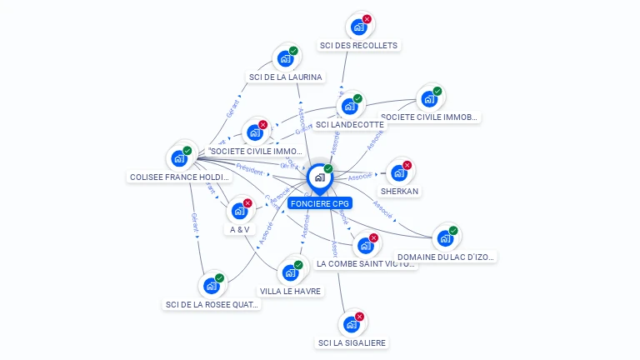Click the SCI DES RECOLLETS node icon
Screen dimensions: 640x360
[x=358, y=27]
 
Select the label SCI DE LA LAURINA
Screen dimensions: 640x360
[x=285, y=77]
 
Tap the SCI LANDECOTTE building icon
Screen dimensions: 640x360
[x=349, y=106]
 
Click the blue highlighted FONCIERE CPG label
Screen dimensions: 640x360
[x=320, y=203]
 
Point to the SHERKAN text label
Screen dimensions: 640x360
[x=399, y=191]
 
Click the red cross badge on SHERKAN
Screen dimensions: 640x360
[x=407, y=165]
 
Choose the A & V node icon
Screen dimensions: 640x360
[x=240, y=211]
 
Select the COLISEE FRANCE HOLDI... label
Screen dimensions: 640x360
[x=179, y=177]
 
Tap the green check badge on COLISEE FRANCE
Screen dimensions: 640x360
[x=187, y=151]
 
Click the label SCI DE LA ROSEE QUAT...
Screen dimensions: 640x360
[x=212, y=304]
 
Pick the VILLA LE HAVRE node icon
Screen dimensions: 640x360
[x=290, y=272]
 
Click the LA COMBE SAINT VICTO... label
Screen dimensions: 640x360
[x=365, y=263]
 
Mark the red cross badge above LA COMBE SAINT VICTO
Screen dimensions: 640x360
[x=373, y=237]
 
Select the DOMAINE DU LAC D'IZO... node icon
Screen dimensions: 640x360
[x=445, y=238]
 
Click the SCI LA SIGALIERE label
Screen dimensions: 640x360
[x=352, y=342]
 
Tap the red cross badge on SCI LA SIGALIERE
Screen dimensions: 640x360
[x=360, y=317]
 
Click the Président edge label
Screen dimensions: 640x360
[x=249, y=167]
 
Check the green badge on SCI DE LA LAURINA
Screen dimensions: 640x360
[x=293, y=51]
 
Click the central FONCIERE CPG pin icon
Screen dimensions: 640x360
[x=319, y=177]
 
